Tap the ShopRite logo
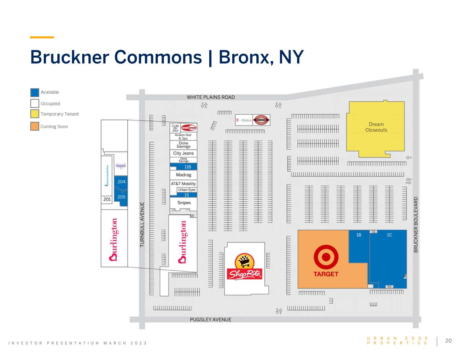click(x=244, y=268)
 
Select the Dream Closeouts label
click(x=376, y=127)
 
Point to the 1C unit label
click(x=389, y=235)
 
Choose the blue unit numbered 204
click(x=122, y=182)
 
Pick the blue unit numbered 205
click(x=122, y=197)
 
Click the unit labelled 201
click(x=107, y=199)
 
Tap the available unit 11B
click(x=187, y=167)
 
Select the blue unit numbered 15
click(x=186, y=195)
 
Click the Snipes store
click(x=184, y=203)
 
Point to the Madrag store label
click(x=184, y=175)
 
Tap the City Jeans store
click(x=183, y=153)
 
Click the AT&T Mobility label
click(x=183, y=184)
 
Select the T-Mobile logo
click(x=244, y=120)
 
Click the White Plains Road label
click(x=211, y=97)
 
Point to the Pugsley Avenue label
click(x=211, y=320)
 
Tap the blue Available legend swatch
click(x=34, y=92)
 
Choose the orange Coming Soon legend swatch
click(x=34, y=126)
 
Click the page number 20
click(x=448, y=341)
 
